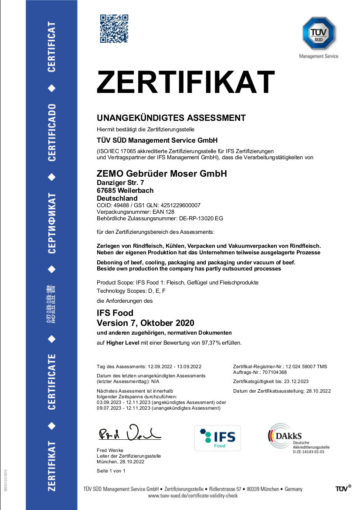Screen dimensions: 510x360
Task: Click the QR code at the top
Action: pyautogui.click(x=114, y=28)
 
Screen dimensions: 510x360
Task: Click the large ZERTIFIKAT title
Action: pyautogui.click(x=186, y=82)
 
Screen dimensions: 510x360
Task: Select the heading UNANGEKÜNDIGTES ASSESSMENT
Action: pyautogui.click(x=171, y=118)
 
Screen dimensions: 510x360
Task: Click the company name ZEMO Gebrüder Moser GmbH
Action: pyautogui.click(x=162, y=174)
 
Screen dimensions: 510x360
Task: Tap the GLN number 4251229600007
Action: pyautogui.click(x=179, y=205)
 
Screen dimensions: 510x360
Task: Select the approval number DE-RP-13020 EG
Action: pyautogui.click(x=201, y=218)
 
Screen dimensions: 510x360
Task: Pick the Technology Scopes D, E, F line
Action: pyautogui.click(x=131, y=291)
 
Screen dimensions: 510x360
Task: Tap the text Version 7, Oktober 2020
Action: pyautogui.click(x=145, y=323)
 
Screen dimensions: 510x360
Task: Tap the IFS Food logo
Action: pyautogui.click(x=217, y=438)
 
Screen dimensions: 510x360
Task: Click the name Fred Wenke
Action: pyautogui.click(x=110, y=450)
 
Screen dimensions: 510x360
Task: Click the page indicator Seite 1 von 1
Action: pyautogui.click(x=111, y=471)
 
